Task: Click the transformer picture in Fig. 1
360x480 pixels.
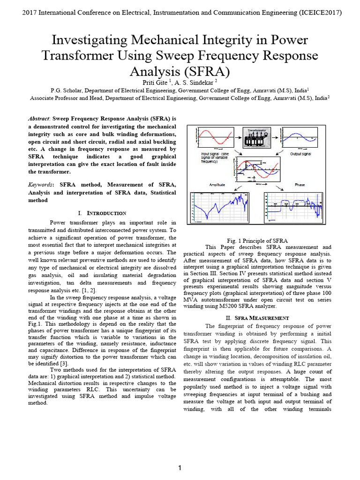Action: (x=256, y=139)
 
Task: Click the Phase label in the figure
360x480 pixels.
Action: (x=300, y=185)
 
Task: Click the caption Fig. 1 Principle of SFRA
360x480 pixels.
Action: (x=257, y=240)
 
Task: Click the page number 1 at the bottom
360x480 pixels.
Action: (x=180, y=468)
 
